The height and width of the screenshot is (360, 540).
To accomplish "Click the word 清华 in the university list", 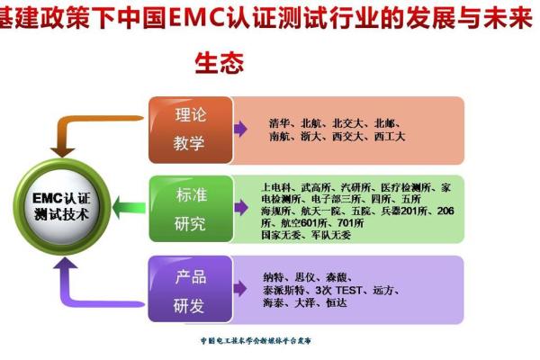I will (x=280, y=122).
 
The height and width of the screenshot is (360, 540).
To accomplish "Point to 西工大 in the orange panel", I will (x=390, y=136).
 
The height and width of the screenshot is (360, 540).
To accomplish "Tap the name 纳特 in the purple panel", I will (x=275, y=276).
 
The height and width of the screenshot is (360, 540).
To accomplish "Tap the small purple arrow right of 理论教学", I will (x=239, y=129).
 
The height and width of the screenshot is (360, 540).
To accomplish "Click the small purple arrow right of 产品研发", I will (x=239, y=289).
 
